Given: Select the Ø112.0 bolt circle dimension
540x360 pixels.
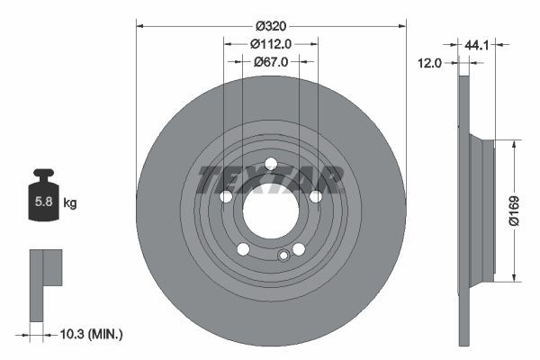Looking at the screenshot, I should (271, 43).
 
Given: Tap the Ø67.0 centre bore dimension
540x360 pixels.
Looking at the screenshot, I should (271, 62).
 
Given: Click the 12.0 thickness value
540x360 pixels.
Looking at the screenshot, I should (432, 63).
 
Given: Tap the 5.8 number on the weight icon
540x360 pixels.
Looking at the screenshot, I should (42, 202).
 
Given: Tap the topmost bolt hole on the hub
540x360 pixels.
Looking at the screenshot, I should (270, 163).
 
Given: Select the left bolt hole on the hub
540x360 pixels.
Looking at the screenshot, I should (226, 197).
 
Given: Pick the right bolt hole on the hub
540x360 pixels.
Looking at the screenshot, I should (316, 197).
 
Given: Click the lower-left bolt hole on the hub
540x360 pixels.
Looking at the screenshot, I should (243, 249).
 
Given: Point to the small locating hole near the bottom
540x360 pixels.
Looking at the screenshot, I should (283, 256).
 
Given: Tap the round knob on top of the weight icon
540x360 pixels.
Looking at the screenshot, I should (42, 174).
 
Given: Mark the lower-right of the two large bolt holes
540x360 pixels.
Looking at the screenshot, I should (298, 248).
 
